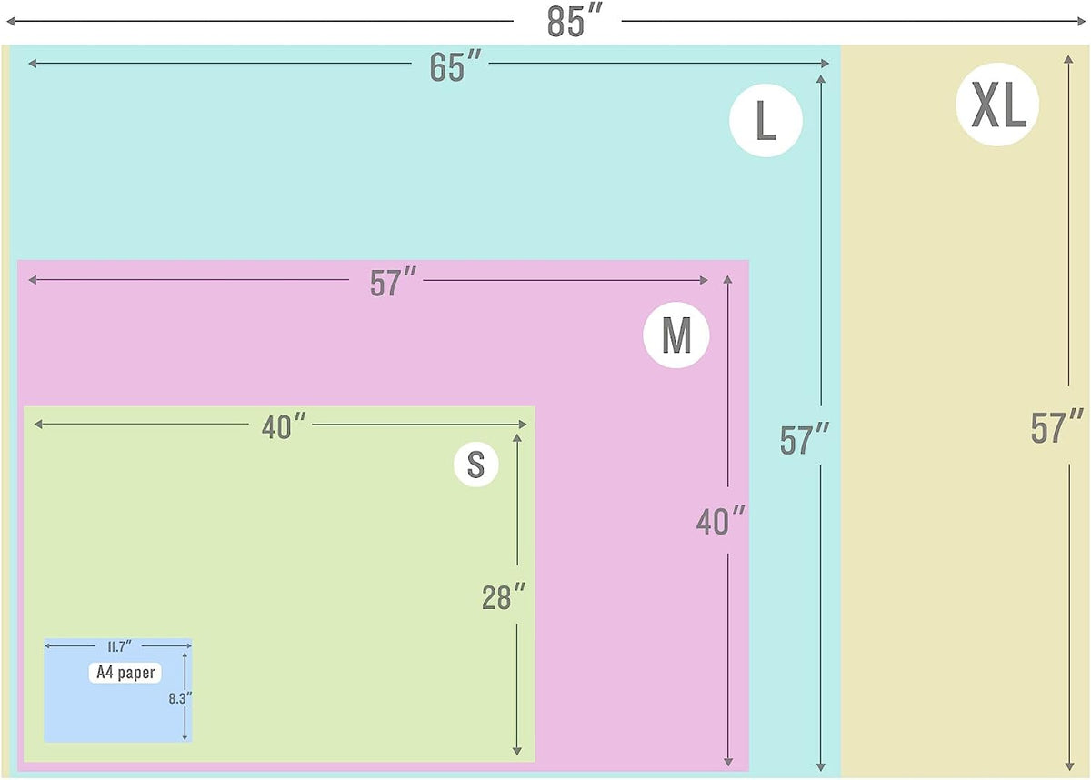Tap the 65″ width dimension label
tap(455, 66)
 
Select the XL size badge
tap(997, 105)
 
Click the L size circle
tap(766, 120)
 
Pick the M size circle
tap(676, 335)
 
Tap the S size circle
tap(475, 465)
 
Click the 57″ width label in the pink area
tap(393, 283)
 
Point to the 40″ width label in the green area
tap(284, 426)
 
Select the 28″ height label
tap(504, 597)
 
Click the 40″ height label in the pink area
tap(720, 521)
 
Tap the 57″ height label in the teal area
tap(804, 440)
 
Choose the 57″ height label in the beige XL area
tap(1056, 427)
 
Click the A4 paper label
tap(125, 673)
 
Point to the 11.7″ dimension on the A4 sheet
tap(119, 646)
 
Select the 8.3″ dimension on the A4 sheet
tap(180, 699)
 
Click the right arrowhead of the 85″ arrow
tap(1080, 22)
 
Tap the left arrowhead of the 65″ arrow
tap(32, 64)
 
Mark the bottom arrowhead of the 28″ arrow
tap(517, 751)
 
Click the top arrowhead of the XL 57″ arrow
tap(1068, 60)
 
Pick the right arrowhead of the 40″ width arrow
tap(523, 425)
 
